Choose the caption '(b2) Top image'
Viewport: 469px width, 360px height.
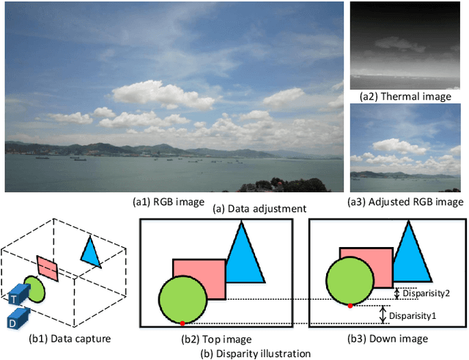(216, 339)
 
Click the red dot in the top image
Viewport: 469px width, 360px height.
(182, 323)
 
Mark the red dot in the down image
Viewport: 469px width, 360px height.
(350, 305)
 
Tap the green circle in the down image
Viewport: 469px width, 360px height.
(350, 279)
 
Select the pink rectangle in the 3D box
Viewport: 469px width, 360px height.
(46, 268)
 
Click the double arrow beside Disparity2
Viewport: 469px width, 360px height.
(396, 293)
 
